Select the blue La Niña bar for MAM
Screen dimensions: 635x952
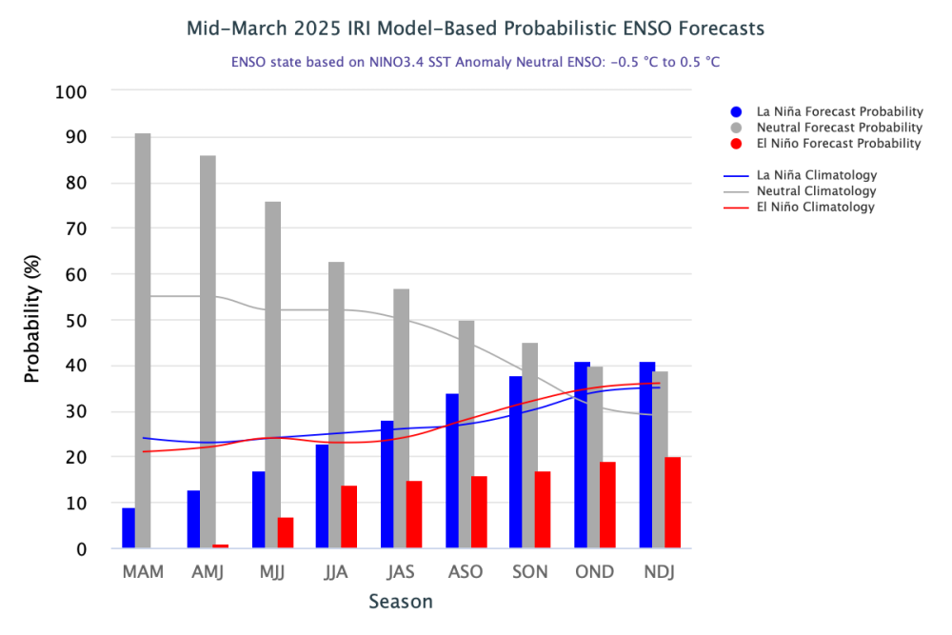[x=129, y=528]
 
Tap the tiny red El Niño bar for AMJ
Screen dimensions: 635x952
[x=220, y=546]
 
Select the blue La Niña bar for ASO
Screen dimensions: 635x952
[x=452, y=471]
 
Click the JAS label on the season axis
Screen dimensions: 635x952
[x=401, y=572]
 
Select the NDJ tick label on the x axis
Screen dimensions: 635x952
[x=660, y=572]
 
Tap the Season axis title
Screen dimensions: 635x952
[x=401, y=602]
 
